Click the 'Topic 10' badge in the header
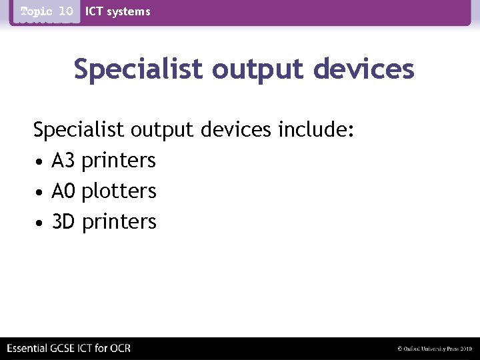click(46, 11)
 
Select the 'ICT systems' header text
click(118, 11)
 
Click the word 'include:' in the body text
click(315, 129)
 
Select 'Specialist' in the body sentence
click(78, 129)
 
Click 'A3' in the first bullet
click(64, 161)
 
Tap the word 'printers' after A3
click(119, 161)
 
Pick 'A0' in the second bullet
click(64, 191)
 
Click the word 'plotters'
click(119, 191)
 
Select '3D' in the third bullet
click(64, 221)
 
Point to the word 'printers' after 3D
click(119, 222)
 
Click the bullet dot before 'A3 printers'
click(41, 162)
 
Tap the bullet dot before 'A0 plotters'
click(41, 193)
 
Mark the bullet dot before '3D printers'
click(41, 223)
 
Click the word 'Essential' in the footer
click(27, 348)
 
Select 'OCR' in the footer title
click(120, 348)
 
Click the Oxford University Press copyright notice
click(434, 349)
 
